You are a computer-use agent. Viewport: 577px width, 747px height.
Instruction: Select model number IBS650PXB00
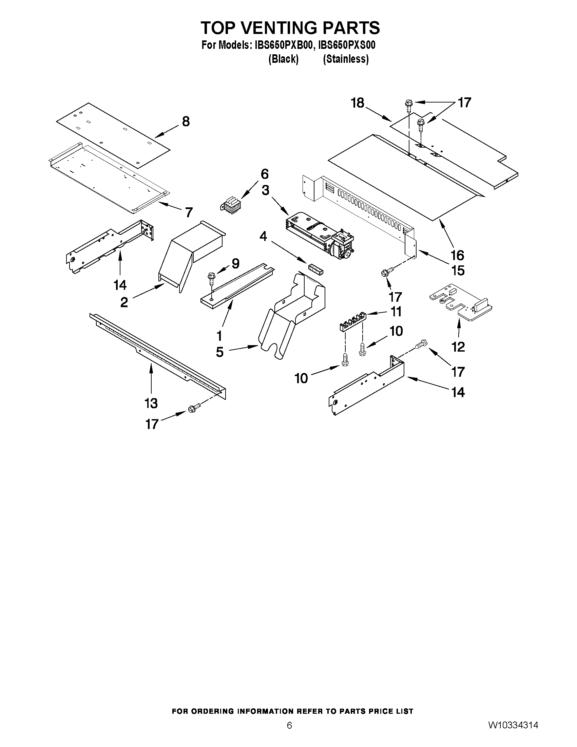tap(283, 45)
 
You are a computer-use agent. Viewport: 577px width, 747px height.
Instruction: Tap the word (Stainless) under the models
tap(346, 59)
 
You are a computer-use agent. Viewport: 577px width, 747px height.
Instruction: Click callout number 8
tap(186, 122)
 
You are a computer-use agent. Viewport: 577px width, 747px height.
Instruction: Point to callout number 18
tap(358, 103)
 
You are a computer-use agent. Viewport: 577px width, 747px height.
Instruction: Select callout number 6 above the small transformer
tap(265, 174)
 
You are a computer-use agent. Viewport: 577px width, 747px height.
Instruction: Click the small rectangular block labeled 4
tap(316, 267)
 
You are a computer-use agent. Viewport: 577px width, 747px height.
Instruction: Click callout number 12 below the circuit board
tap(458, 347)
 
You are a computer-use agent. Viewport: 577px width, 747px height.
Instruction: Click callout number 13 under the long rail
tap(151, 403)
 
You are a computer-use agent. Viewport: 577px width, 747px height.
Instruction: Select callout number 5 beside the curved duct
tap(219, 352)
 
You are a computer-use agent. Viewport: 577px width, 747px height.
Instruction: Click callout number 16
tap(457, 255)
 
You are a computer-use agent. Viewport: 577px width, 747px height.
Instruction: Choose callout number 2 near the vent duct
tap(124, 302)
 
